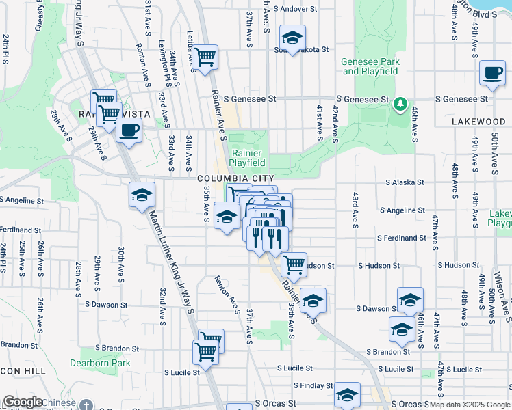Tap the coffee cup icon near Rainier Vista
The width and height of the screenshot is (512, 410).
[129, 130]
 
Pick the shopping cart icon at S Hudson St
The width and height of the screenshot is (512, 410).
[294, 264]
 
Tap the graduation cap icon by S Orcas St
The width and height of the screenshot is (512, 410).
[347, 396]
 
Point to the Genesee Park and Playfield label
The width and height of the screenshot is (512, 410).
[370, 66]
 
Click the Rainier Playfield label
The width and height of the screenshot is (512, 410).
[247, 159]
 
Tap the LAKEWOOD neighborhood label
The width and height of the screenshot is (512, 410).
[478, 121]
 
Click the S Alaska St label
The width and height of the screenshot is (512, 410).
[405, 182]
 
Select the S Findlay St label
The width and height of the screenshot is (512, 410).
[313, 386]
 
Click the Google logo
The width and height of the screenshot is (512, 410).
[23, 402]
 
